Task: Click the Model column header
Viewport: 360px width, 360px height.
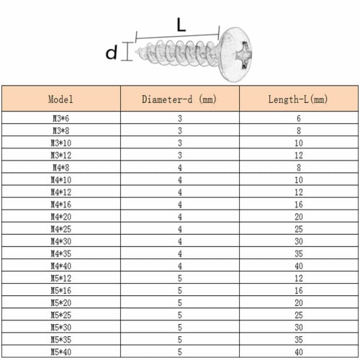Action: pyautogui.click(x=60, y=99)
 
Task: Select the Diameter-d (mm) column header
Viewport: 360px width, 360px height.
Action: pyautogui.click(x=179, y=99)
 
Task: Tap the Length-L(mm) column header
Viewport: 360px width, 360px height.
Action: pyautogui.click(x=298, y=99)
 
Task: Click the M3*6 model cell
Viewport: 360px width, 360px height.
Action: pyautogui.click(x=60, y=118)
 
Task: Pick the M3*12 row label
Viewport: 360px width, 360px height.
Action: pyautogui.click(x=60, y=156)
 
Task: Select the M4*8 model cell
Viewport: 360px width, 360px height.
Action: pyautogui.click(x=60, y=168)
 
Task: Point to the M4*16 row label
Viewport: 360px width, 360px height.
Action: pyautogui.click(x=60, y=204)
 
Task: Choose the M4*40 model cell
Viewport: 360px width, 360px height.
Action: pyautogui.click(x=60, y=266)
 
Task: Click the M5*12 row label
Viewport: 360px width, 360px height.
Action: pyautogui.click(x=60, y=279)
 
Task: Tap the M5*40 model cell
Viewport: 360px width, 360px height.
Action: pyautogui.click(x=60, y=352)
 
